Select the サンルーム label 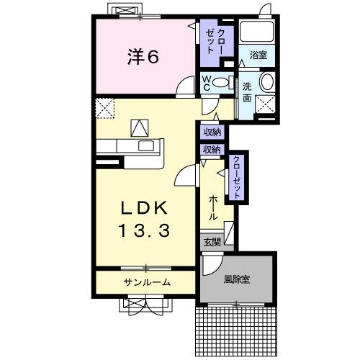pos(146,282)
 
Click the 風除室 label pos(236,279)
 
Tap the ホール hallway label pos(213,207)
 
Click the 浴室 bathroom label pos(258,55)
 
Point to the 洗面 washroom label pos(246,91)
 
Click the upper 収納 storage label pos(212,132)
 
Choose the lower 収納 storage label pos(212,150)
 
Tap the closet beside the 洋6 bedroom pos(215,42)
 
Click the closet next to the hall pos(236,176)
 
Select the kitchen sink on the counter pos(147,146)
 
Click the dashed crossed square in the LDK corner pos(104,109)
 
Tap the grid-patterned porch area pos(236,328)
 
